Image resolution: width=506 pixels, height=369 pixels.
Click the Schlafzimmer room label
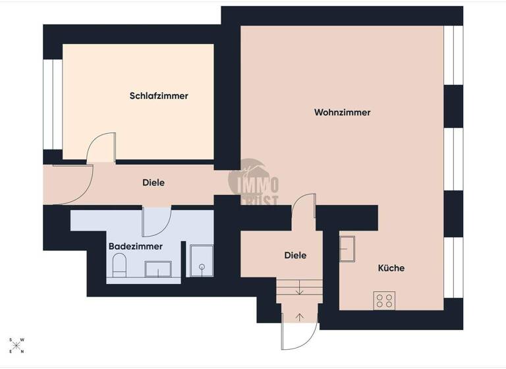click(159, 96)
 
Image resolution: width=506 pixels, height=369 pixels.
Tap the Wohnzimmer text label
click(342, 113)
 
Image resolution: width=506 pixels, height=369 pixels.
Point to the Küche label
click(391, 268)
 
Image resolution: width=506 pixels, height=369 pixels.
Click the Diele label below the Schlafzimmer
click(154, 183)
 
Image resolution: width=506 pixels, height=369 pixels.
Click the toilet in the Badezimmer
click(119, 267)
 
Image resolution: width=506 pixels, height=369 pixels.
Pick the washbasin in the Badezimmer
click(158, 268)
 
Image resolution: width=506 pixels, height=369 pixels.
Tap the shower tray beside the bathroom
click(200, 260)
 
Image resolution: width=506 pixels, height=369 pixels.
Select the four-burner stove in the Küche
click(384, 300)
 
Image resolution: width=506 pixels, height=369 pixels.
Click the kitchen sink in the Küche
click(347, 249)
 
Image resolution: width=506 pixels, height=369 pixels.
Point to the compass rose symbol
click(16, 345)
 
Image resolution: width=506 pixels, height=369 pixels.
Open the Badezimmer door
click(157, 223)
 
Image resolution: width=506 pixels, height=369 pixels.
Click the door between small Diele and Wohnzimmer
click(304, 208)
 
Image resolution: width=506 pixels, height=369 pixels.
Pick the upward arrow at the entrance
click(300, 316)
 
